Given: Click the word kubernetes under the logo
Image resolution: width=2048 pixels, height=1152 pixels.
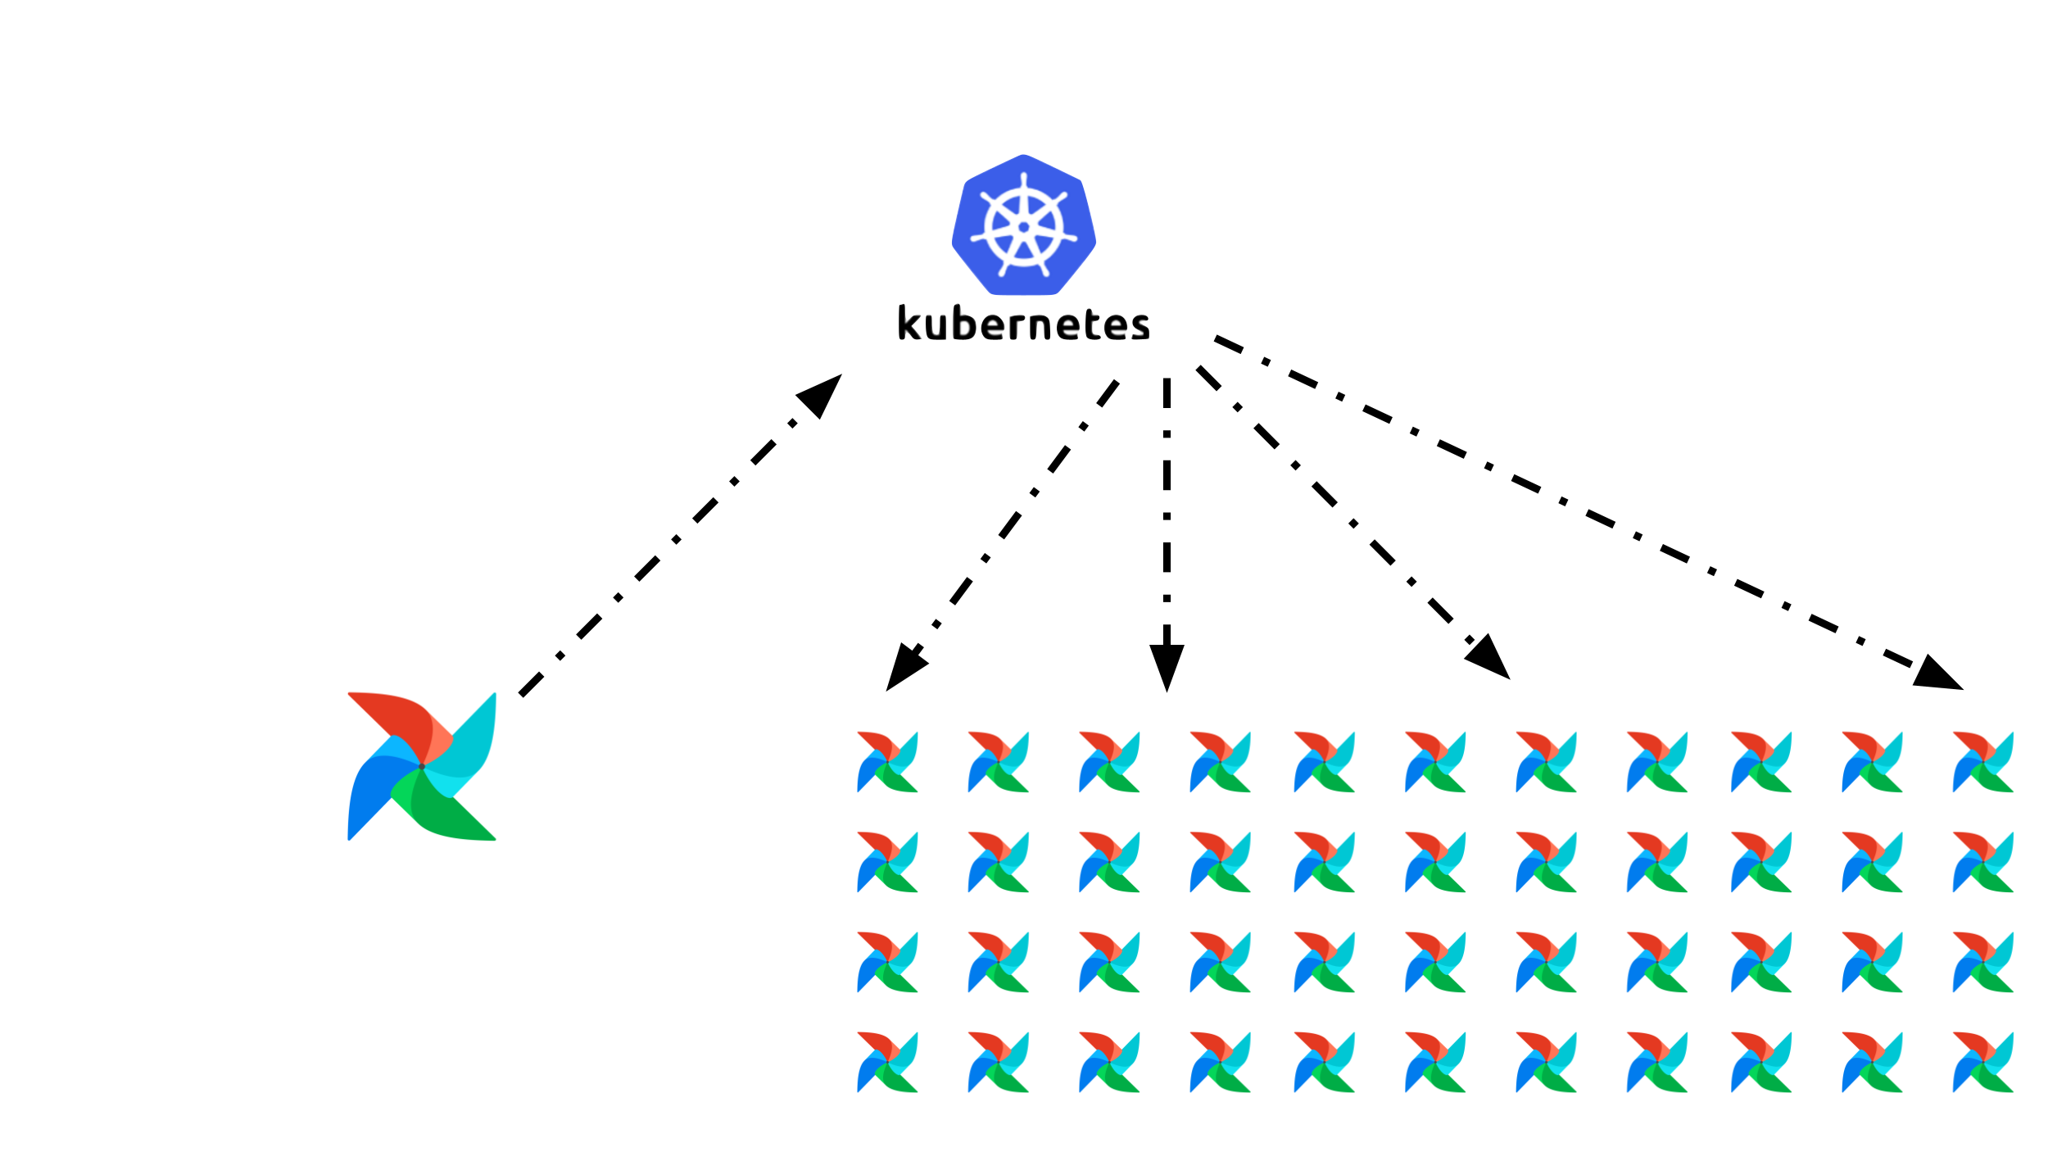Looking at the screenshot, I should (1023, 324).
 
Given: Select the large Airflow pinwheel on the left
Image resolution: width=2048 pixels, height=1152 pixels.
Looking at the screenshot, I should (422, 766).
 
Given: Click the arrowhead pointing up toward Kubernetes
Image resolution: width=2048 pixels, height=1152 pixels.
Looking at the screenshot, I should (822, 395).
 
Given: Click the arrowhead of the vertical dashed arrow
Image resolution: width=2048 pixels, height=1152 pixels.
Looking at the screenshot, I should (1167, 664).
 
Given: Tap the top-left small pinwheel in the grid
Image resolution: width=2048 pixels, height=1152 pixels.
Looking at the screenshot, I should (887, 762).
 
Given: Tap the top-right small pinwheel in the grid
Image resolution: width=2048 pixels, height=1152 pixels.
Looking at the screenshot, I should (1983, 762).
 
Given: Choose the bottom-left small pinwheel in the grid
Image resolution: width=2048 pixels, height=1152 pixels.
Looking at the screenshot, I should (887, 1063).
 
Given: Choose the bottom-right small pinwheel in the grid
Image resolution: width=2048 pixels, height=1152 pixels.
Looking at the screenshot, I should (1983, 1063).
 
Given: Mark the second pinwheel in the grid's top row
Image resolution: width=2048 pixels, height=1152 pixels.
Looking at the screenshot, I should (998, 762).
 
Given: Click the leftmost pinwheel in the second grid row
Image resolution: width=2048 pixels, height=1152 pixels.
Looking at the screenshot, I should (887, 863).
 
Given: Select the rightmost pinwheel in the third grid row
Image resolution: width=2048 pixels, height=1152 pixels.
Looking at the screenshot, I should (1983, 963).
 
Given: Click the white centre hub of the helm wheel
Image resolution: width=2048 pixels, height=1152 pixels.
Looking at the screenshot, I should (1023, 227).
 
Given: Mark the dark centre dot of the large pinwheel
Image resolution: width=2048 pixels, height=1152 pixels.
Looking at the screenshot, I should (422, 767).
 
